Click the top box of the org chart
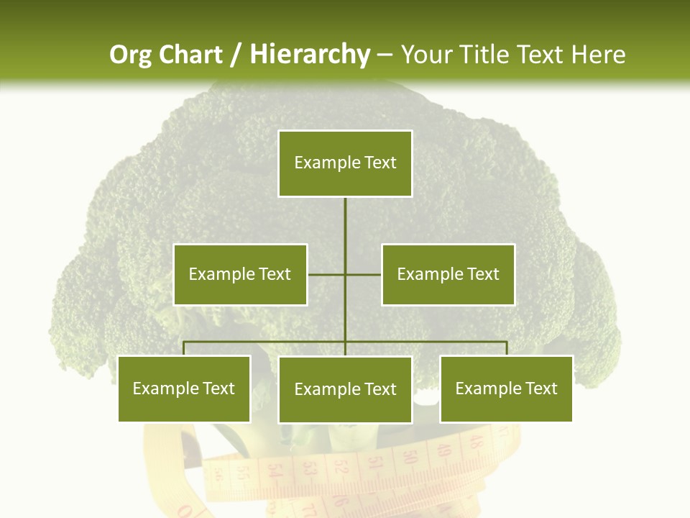point(345,163)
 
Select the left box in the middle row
point(240,274)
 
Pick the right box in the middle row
point(448,274)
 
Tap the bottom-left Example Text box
point(184,388)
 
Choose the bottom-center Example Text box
point(345,389)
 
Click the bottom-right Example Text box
point(506,388)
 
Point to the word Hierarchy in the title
point(310,55)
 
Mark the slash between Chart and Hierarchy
point(236,55)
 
